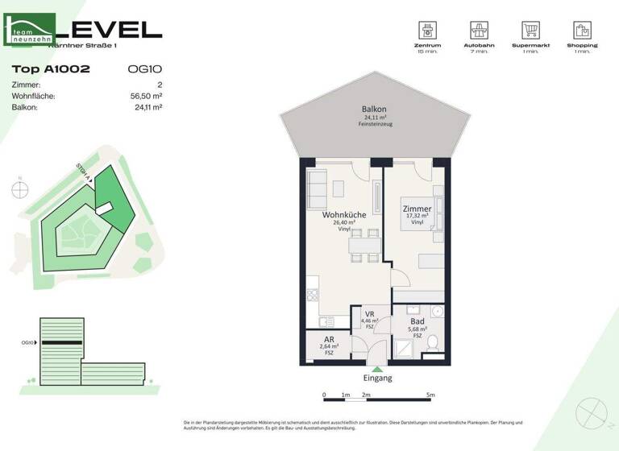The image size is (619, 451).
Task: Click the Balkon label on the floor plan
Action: pyautogui.click(x=374, y=109)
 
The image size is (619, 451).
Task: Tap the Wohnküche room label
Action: pyautogui.click(x=344, y=215)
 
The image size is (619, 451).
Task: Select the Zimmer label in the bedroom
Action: pyautogui.click(x=417, y=209)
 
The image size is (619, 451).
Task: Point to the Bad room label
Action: pyautogui.click(x=417, y=321)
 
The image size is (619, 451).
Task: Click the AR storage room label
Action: pyautogui.click(x=329, y=340)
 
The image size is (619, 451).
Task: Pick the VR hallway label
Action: pyautogui.click(x=370, y=315)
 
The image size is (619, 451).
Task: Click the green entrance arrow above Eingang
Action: pyautogui.click(x=378, y=369)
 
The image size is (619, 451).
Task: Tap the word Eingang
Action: pyautogui.click(x=378, y=378)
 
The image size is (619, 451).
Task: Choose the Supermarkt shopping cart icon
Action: pyautogui.click(x=530, y=31)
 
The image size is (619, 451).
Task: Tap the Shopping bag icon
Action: pyautogui.click(x=581, y=31)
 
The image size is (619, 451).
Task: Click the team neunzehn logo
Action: pyautogui.click(x=31, y=31)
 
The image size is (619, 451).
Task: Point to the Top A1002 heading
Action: pyautogui.click(x=51, y=69)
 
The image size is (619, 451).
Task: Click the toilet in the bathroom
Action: pyautogui.click(x=433, y=342)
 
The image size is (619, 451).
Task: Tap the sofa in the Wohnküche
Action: pyautogui.click(x=316, y=189)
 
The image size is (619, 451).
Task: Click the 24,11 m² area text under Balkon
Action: pyautogui.click(x=374, y=118)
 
